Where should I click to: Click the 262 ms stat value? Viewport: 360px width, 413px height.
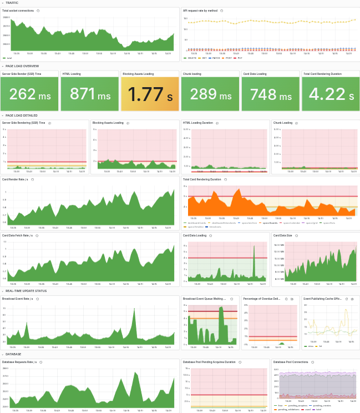30,94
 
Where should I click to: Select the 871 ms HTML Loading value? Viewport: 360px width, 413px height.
90,94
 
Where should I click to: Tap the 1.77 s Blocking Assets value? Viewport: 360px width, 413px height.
150,94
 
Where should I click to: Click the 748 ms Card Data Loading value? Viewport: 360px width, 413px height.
271,94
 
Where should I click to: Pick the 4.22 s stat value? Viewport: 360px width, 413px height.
331,94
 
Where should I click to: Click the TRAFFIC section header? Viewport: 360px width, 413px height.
12,3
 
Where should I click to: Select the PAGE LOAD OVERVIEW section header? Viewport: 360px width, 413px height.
22,66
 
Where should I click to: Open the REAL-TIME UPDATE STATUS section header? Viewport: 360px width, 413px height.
26,290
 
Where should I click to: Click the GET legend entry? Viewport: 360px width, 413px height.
204,58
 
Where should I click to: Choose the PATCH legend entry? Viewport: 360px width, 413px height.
215,58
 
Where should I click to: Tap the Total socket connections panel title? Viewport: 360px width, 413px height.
18,11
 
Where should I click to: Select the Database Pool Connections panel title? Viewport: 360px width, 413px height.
292,362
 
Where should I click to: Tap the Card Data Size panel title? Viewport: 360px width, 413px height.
283,235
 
